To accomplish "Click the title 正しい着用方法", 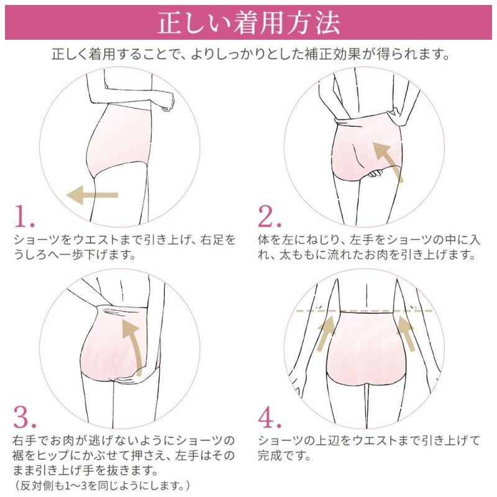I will point(248,22).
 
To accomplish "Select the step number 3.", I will point(25,418).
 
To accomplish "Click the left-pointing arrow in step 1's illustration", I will point(92,194).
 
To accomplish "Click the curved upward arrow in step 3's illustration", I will point(133,345).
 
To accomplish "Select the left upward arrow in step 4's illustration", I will point(327,335).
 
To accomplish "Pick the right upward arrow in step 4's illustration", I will point(406,335).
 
